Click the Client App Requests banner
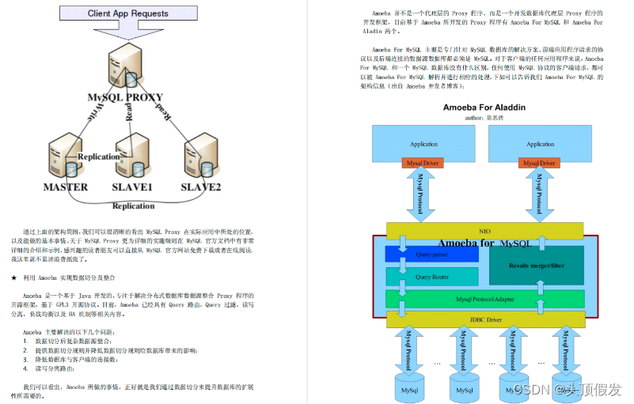coord(127,13)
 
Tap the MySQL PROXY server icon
coord(127,66)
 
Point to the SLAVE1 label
coord(131,187)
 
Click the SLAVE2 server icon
coord(200,157)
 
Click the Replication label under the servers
coord(133,206)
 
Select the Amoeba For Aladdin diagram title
coord(484,107)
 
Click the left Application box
coord(423,143)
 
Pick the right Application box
coord(540,143)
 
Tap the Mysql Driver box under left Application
coord(423,164)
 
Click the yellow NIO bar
coord(484,230)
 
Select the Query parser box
coord(432,255)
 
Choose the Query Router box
coord(432,277)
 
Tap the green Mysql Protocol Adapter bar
coord(484,300)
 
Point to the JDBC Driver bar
coord(484,319)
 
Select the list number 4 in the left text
coord(25,368)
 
